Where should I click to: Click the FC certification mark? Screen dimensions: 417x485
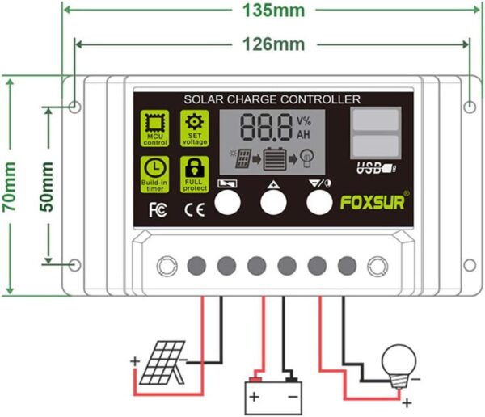pos(158,210)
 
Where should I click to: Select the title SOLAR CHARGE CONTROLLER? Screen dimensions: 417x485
pos(272,99)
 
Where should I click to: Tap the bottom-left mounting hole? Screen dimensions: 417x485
pos(75,265)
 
